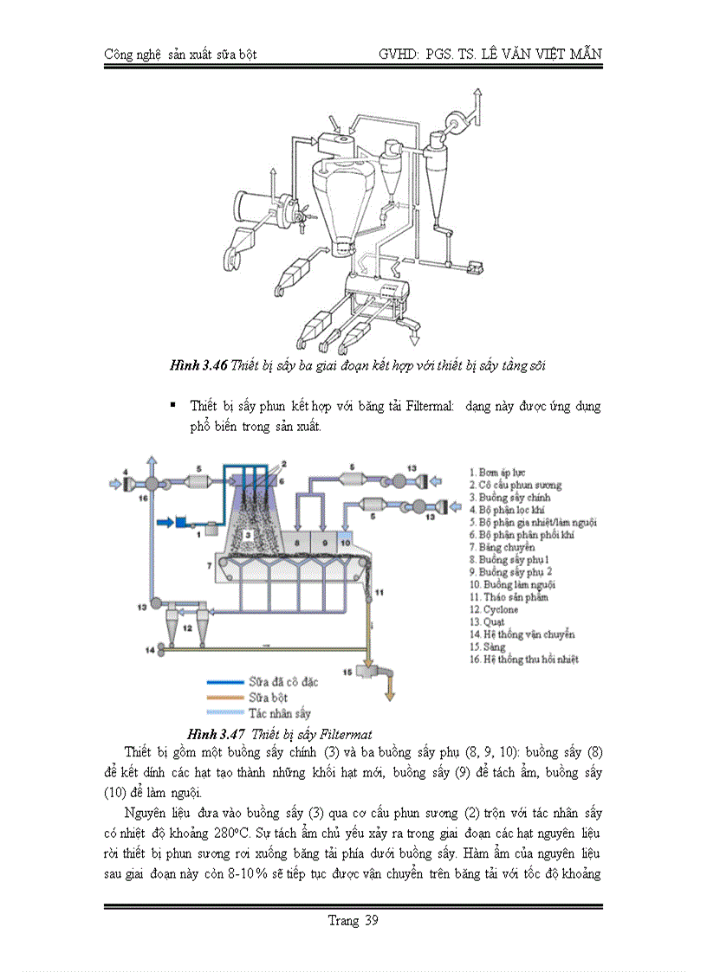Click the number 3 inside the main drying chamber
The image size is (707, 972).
pos(247,536)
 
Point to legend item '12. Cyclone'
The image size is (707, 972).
pos(494,609)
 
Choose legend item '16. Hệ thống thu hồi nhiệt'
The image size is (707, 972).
pos(524,659)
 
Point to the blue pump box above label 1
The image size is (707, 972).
pos(184,522)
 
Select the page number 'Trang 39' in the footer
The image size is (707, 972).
pos(353,920)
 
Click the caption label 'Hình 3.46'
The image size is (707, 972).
pos(198,366)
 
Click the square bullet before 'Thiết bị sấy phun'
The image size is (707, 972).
pos(172,404)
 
